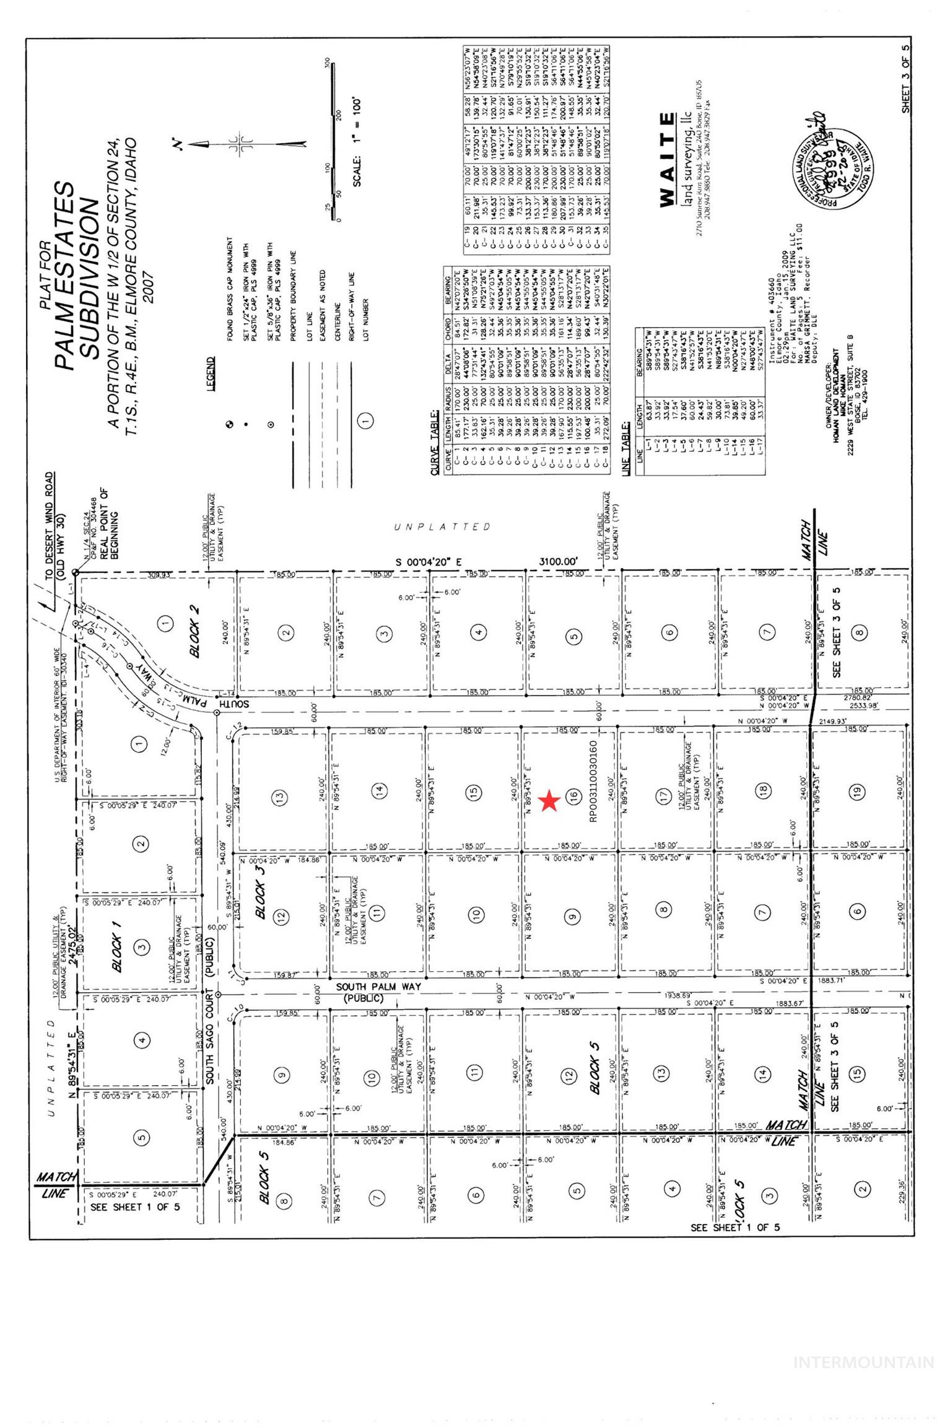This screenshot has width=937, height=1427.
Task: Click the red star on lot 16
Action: [549, 801]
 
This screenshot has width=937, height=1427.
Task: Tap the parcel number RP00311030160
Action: [593, 782]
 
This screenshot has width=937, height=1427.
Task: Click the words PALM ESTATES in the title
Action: [64, 276]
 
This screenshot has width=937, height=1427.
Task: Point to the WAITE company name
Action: [666, 160]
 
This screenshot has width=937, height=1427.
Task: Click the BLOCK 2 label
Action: [194, 631]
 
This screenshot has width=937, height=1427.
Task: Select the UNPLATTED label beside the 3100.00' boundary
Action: [442, 526]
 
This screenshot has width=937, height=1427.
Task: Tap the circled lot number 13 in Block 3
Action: [279, 796]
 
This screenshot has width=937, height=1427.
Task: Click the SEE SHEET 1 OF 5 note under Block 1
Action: [135, 1207]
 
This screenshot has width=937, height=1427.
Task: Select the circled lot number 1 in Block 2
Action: [165, 623]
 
